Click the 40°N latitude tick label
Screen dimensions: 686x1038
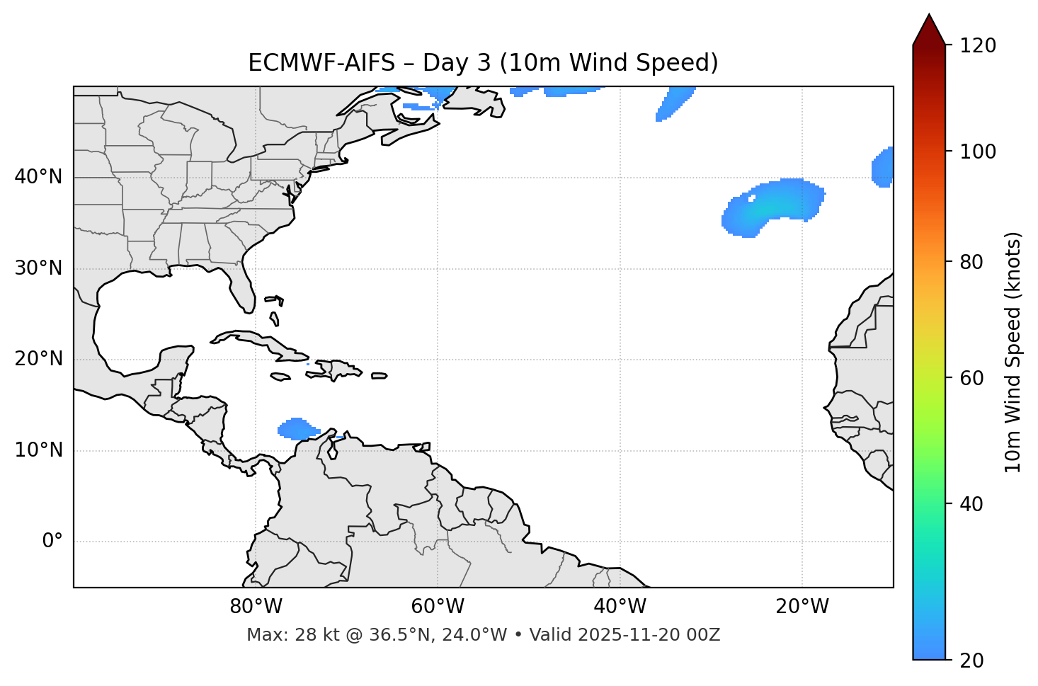click(38, 177)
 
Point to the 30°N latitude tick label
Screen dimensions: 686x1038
click(38, 268)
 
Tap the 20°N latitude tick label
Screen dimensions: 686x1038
click(38, 359)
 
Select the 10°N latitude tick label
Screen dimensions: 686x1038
click(38, 450)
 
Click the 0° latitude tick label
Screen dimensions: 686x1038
click(52, 542)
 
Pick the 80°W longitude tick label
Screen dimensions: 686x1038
click(256, 607)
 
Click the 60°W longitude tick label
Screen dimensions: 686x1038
click(438, 607)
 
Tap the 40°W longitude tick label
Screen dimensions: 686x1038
click(620, 607)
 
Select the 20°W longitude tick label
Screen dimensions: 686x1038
click(802, 607)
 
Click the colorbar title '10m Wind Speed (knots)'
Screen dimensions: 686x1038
click(1013, 353)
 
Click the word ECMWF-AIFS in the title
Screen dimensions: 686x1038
click(321, 63)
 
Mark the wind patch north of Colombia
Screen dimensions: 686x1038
click(297, 428)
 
